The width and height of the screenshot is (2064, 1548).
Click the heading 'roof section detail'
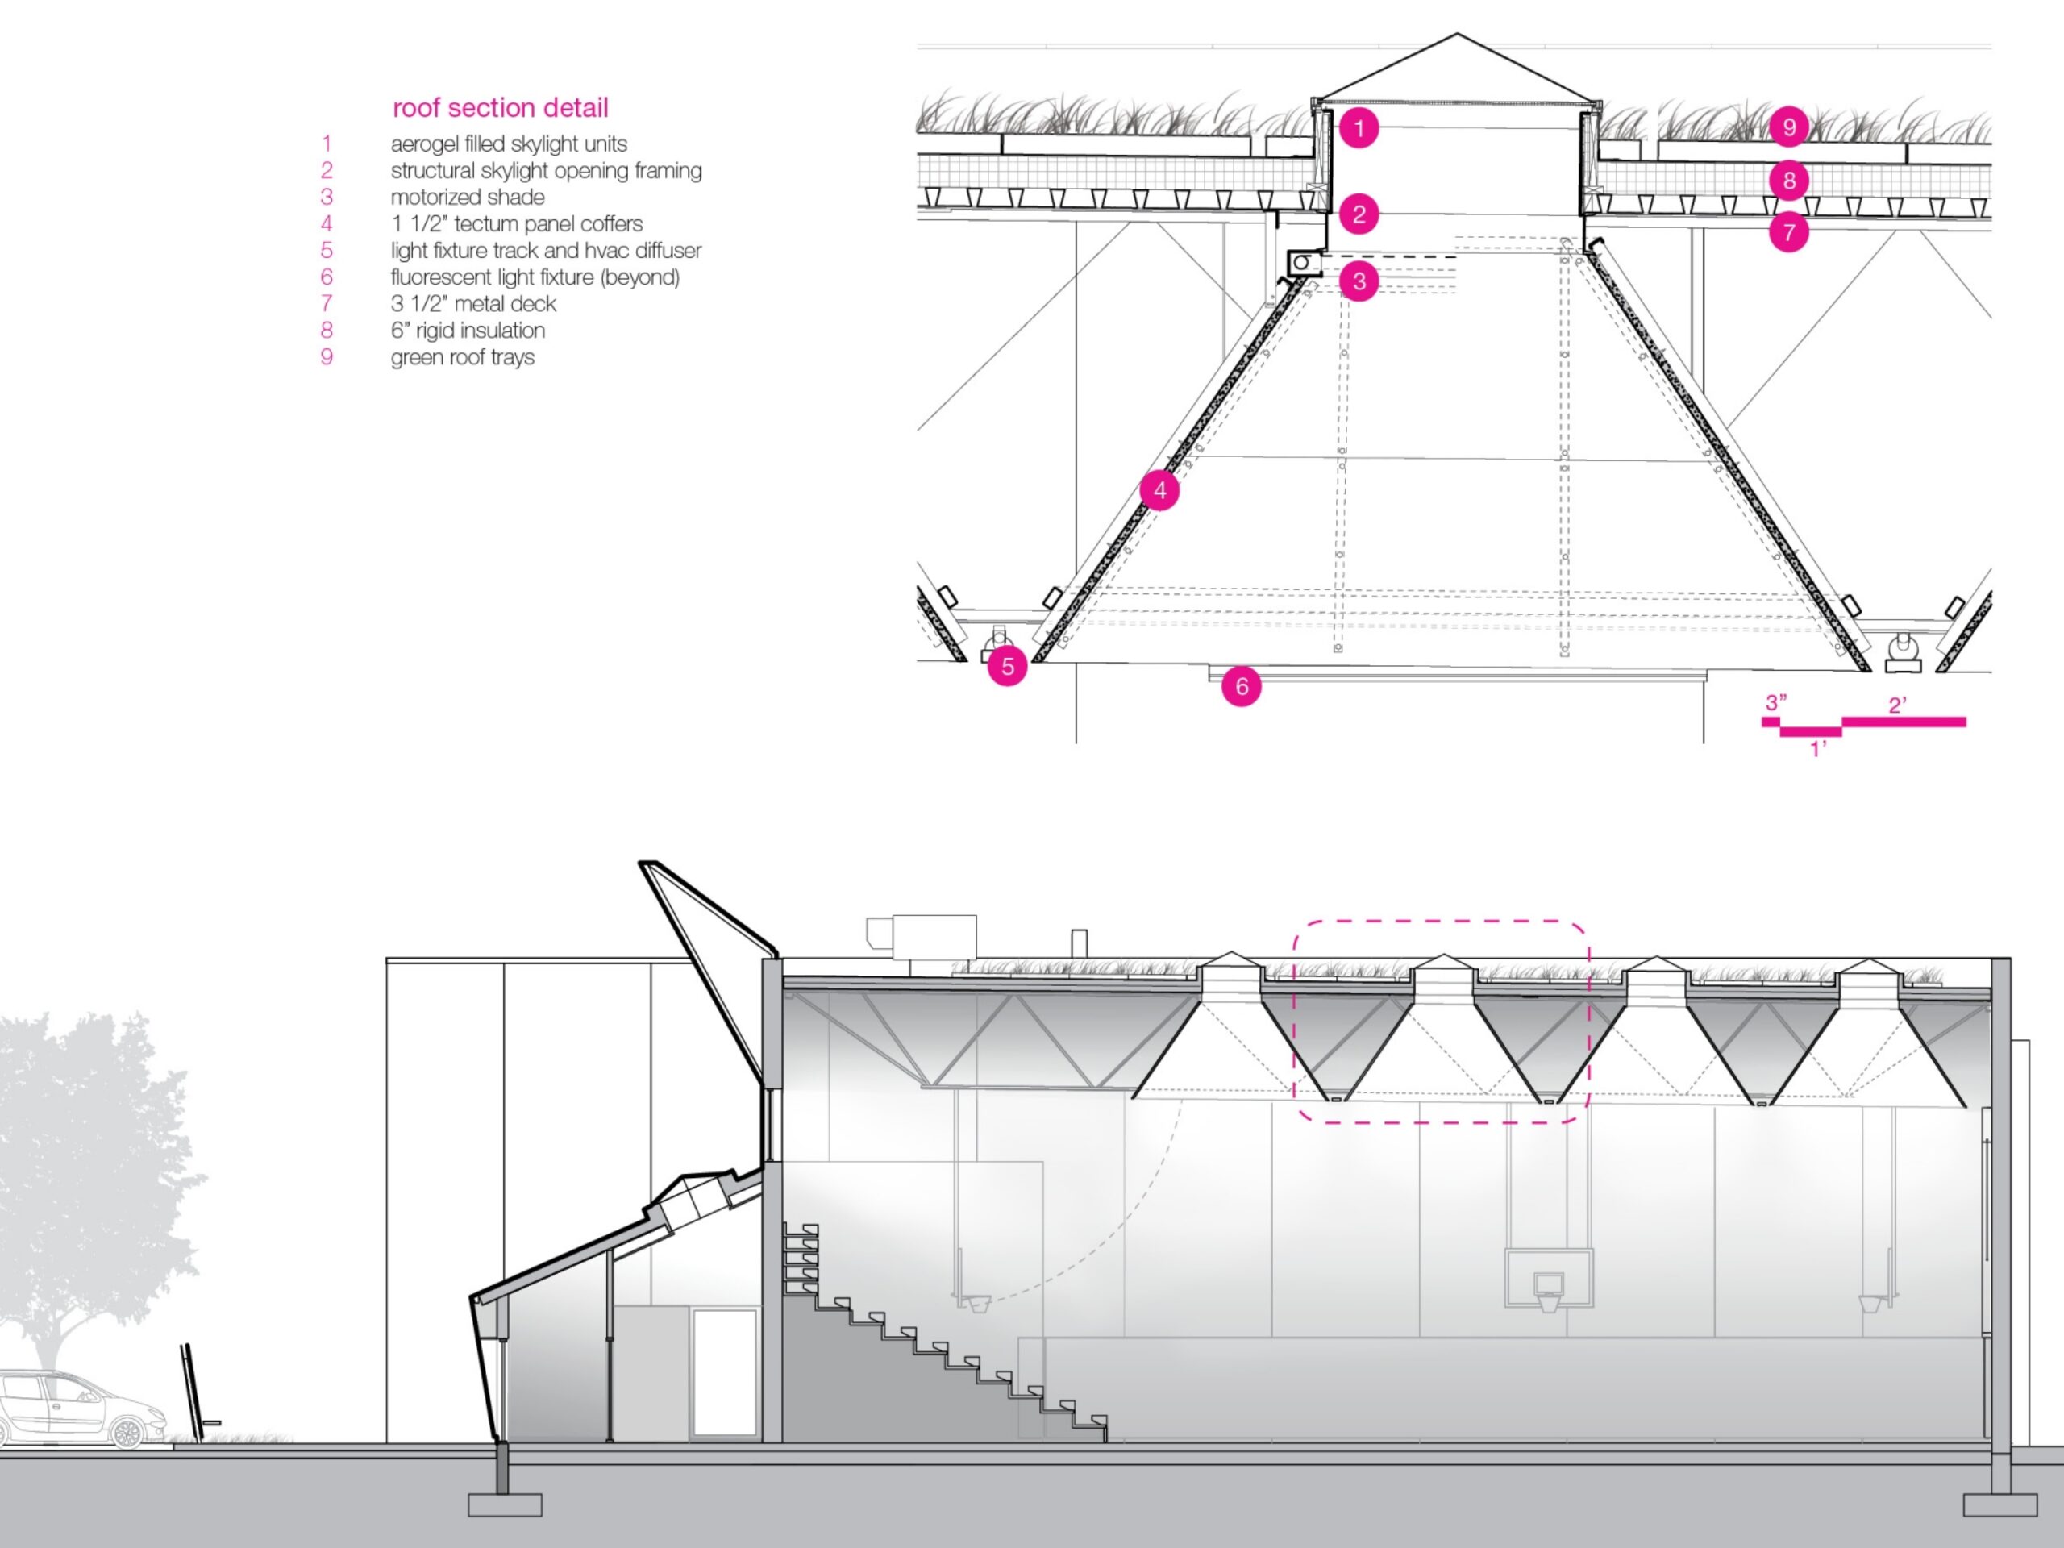point(500,108)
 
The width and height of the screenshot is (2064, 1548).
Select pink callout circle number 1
point(1359,128)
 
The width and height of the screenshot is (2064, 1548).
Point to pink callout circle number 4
point(1159,490)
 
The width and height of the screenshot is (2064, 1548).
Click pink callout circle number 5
point(1007,666)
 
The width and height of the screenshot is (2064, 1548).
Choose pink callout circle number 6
point(1241,687)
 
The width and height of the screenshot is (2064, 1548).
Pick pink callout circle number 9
point(1789,127)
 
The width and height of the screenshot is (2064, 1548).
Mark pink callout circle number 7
point(1789,232)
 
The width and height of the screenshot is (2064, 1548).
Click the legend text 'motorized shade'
point(468,197)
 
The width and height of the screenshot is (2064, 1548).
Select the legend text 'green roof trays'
point(462,357)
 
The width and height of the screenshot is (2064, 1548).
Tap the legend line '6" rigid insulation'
point(468,331)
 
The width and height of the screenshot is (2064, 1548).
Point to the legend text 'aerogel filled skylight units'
point(509,144)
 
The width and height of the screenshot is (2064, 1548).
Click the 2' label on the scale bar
point(1897,705)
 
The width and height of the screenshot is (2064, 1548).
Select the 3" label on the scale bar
point(1775,701)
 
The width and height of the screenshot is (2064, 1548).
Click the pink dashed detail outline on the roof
point(1441,923)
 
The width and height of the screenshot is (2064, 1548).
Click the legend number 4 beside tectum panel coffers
point(327,224)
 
